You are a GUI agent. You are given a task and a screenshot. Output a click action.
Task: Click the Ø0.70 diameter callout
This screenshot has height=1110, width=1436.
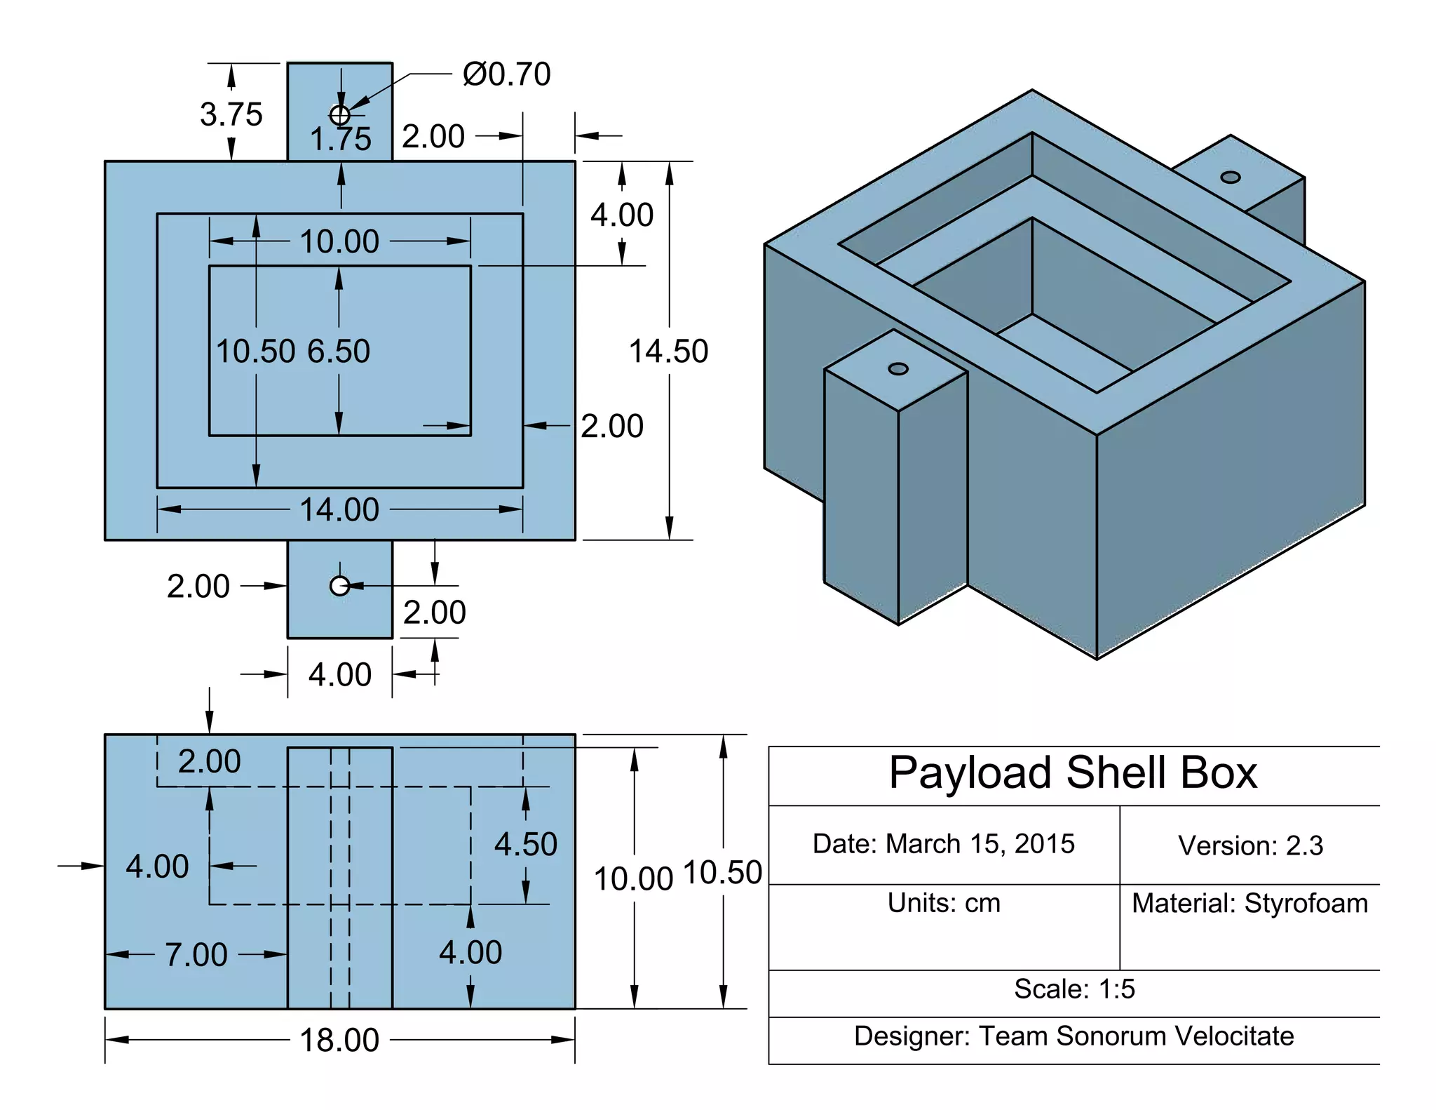pos(506,74)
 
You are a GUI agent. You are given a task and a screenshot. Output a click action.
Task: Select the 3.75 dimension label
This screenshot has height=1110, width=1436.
pos(231,114)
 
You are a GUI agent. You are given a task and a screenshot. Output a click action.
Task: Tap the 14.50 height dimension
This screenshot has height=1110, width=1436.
pos(668,351)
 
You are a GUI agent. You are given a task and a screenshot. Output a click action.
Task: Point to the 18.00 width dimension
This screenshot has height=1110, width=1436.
pos(339,1040)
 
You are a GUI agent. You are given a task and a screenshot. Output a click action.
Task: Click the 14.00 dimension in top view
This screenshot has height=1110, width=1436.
pos(339,509)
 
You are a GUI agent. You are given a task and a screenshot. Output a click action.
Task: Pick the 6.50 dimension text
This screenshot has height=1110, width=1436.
pos(339,351)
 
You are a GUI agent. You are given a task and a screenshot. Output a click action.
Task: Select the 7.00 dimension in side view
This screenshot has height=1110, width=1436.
pos(196,954)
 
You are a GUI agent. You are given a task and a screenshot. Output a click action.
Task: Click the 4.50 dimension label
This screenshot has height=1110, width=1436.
pos(525,843)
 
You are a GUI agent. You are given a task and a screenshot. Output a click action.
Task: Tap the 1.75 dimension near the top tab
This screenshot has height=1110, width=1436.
pos(341,139)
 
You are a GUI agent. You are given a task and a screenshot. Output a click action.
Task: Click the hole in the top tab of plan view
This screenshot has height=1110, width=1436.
pos(340,114)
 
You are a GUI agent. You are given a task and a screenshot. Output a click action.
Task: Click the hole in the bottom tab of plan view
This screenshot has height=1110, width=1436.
pos(340,586)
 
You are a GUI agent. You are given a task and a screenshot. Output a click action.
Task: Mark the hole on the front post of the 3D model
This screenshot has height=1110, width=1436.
pos(898,369)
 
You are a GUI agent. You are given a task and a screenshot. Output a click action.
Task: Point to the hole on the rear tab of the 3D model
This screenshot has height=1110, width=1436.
pos(1231,177)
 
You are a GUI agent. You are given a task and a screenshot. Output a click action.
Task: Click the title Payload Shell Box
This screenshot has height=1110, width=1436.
pos(1073,773)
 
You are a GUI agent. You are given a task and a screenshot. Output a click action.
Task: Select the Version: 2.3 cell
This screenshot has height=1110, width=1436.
pos(1250,845)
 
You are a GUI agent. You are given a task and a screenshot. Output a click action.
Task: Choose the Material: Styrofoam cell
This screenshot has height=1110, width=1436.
pos(1250,904)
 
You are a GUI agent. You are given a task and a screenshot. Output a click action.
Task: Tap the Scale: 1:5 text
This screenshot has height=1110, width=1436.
pos(1074,989)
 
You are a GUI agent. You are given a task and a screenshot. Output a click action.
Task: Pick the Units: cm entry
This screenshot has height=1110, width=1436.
pos(944,903)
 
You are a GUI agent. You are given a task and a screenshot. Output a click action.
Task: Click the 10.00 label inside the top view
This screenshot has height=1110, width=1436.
pos(339,241)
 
